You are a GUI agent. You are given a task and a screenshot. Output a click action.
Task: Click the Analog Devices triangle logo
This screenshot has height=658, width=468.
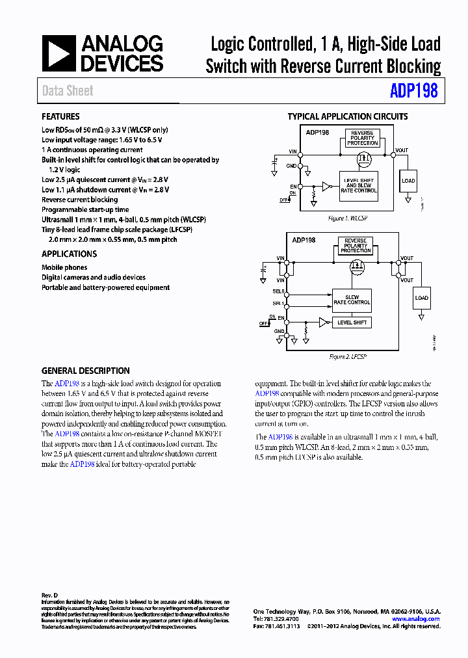click(x=58, y=53)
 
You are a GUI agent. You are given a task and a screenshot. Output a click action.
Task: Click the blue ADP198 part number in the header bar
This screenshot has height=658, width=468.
click(x=413, y=91)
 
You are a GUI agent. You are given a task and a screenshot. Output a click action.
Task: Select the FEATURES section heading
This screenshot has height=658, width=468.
click(x=60, y=117)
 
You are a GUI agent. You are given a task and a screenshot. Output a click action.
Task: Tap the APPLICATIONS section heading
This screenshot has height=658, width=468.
click(x=69, y=254)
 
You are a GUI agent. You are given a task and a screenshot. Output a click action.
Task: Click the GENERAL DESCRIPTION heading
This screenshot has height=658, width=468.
click(x=85, y=371)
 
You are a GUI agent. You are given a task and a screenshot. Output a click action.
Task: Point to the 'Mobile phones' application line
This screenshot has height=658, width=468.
click(x=64, y=267)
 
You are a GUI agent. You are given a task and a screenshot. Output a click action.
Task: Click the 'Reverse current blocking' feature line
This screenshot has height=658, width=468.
click(x=79, y=200)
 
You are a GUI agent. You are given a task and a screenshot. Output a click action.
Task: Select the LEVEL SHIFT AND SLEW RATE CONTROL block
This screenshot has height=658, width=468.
click(x=359, y=185)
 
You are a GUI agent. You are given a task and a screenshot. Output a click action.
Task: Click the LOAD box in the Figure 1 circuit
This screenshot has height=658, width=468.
click(x=408, y=181)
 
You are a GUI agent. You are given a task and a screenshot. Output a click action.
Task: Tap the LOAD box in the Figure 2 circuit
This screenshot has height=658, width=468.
click(x=422, y=298)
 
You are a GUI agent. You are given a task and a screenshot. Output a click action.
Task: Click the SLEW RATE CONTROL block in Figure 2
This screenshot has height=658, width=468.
click(x=352, y=299)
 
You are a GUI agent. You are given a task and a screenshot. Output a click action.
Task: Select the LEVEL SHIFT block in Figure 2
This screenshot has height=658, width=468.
click(x=352, y=322)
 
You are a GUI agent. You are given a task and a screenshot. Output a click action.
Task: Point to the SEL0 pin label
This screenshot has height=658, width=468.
click(x=278, y=291)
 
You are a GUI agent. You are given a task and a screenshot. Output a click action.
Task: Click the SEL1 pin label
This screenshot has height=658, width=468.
click(x=278, y=304)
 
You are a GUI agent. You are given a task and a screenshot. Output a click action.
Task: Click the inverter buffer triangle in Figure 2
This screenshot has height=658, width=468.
click(x=323, y=322)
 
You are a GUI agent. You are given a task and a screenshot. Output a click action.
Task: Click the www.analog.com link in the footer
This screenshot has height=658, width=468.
click(x=416, y=619)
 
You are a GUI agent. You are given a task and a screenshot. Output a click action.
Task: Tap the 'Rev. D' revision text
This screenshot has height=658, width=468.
click(x=50, y=596)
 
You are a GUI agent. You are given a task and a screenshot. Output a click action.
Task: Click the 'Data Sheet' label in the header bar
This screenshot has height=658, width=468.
click(x=68, y=91)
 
